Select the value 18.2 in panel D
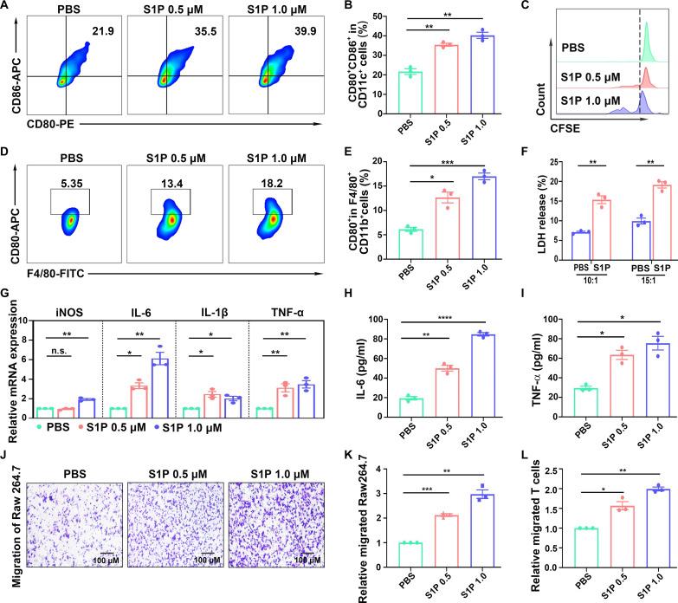tap(258, 159)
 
